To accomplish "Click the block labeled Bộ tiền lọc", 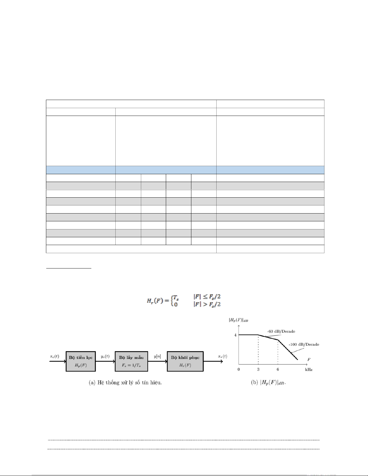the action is click(x=81, y=361).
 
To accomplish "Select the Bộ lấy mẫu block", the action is click(x=131, y=361).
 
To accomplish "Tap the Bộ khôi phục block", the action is click(x=185, y=361).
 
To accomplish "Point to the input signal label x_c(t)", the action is click(x=55, y=356).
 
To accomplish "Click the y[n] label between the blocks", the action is click(x=157, y=356).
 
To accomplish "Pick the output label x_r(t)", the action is click(x=223, y=356).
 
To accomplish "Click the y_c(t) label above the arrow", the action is click(x=105, y=356).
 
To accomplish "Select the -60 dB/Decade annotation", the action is click(x=281, y=331).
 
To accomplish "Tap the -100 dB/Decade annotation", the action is click(x=304, y=344).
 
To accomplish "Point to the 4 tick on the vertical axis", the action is click(x=236, y=335).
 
